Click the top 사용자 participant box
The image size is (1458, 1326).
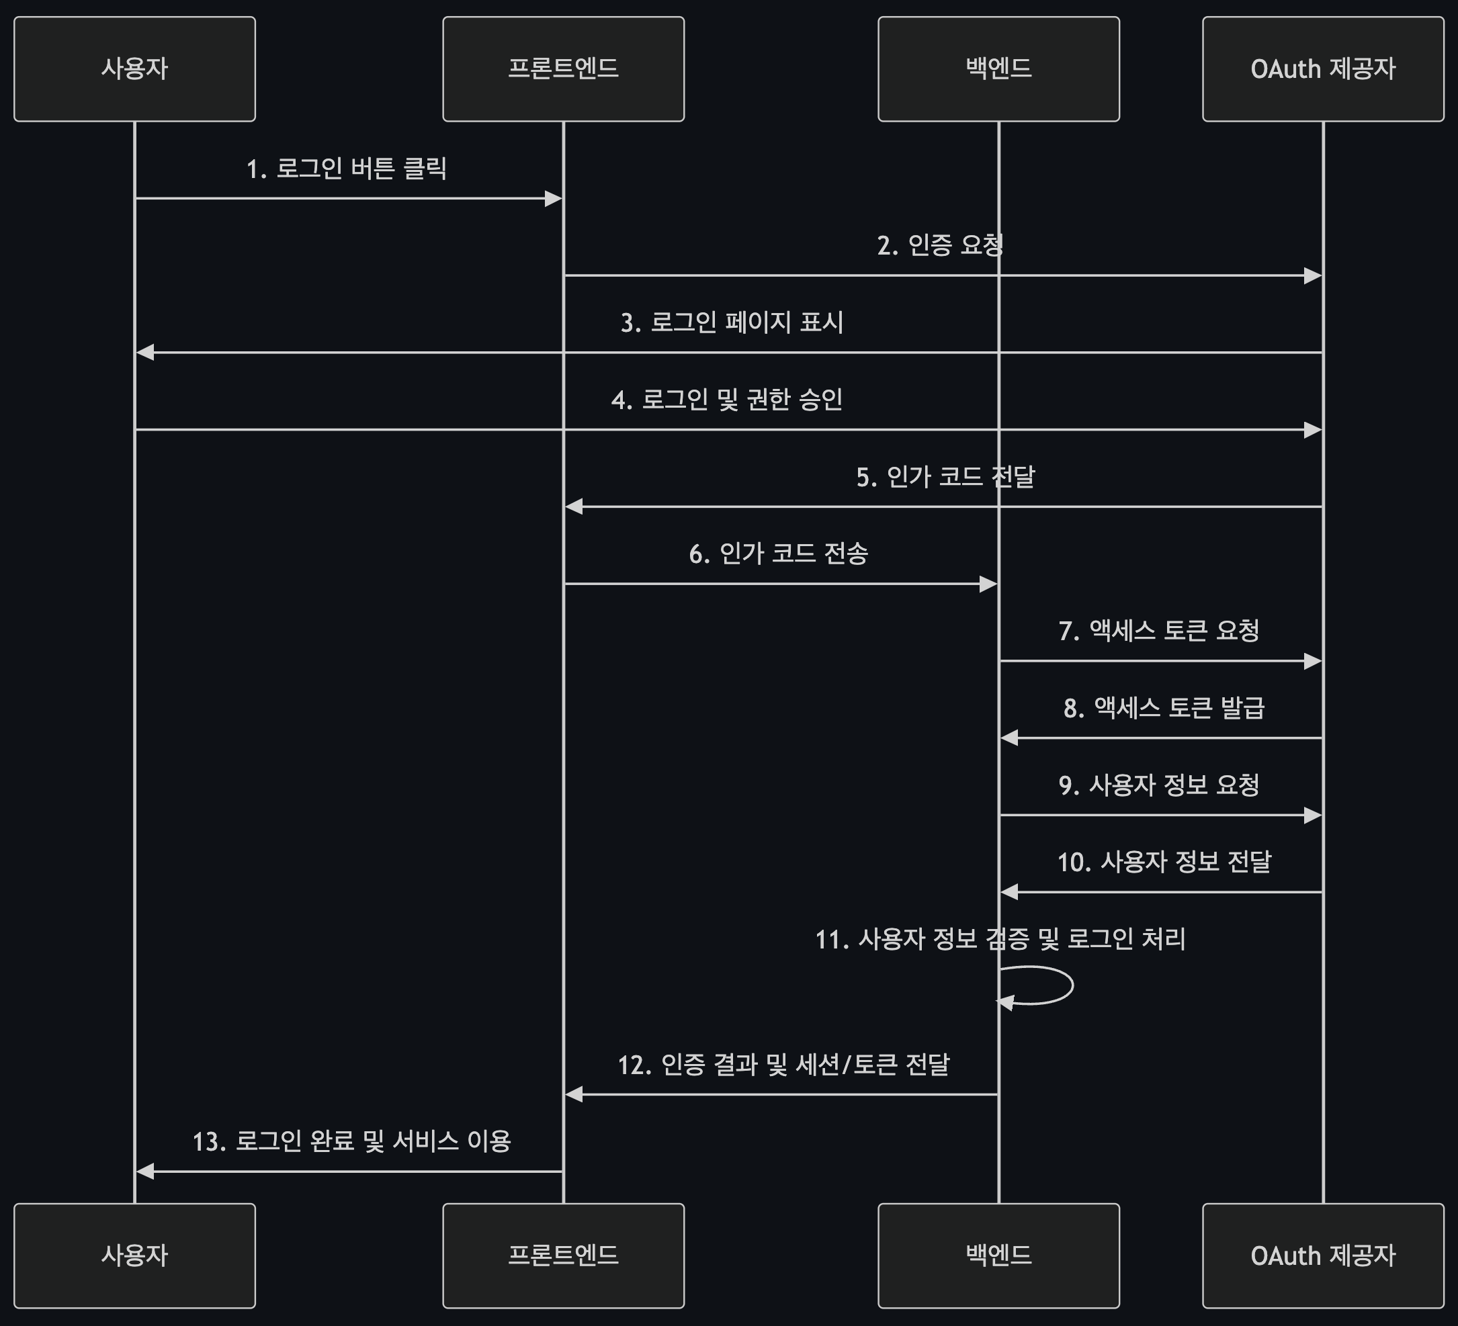[134, 69]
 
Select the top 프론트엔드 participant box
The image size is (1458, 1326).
[564, 69]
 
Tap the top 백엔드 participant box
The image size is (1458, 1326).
[998, 69]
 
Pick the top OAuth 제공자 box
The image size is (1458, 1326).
[1323, 69]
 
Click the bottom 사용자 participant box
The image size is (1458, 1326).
[134, 1256]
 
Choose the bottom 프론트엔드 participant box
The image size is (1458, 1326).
[564, 1256]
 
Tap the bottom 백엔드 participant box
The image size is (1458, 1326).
[998, 1256]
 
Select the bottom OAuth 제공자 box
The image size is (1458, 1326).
[1323, 1256]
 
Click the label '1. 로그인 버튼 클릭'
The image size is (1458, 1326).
[347, 169]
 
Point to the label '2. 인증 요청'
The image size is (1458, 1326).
[939, 246]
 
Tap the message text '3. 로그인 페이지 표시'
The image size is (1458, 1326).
[732, 322]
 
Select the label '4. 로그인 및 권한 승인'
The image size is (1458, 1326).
[727, 400]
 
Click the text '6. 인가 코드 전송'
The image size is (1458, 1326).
[778, 554]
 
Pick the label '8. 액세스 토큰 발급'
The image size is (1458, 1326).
[1164, 708]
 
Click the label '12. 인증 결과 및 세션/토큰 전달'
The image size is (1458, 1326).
[783, 1065]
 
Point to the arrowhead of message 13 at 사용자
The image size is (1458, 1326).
[144, 1172]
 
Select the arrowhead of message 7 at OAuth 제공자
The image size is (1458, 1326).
[1313, 661]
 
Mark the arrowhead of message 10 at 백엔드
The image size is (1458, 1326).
[1010, 892]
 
